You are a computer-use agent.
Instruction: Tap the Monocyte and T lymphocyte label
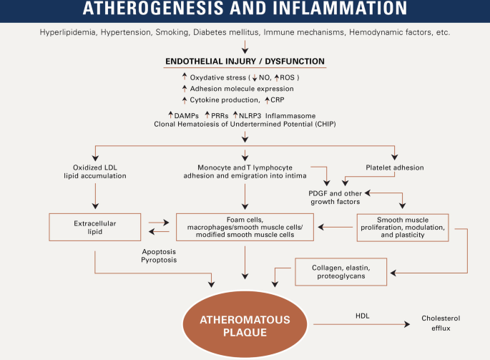pyautogui.click(x=245, y=167)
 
